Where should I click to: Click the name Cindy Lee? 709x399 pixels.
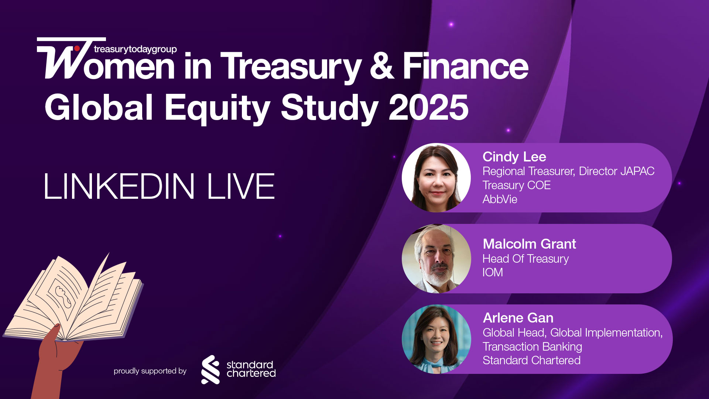[514, 157]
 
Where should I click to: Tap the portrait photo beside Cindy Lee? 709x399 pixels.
[436, 178]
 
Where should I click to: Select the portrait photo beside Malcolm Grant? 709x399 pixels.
[436, 259]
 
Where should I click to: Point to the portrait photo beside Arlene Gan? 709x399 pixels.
[436, 339]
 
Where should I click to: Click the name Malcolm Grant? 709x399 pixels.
[529, 244]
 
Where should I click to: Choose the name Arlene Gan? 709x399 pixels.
[518, 318]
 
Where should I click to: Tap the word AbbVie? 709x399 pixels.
[500, 199]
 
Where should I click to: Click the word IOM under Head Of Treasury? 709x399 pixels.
[493, 272]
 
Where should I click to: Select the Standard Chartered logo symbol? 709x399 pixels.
[210, 369]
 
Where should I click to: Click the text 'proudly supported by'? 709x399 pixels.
[150, 371]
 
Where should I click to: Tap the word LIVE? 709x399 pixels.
[241, 186]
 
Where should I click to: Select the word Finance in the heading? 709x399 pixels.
[465, 66]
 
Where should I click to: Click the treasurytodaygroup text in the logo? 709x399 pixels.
[135, 49]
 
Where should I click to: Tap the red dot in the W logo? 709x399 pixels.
[77, 48]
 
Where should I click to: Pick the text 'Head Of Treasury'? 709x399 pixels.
[525, 259]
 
